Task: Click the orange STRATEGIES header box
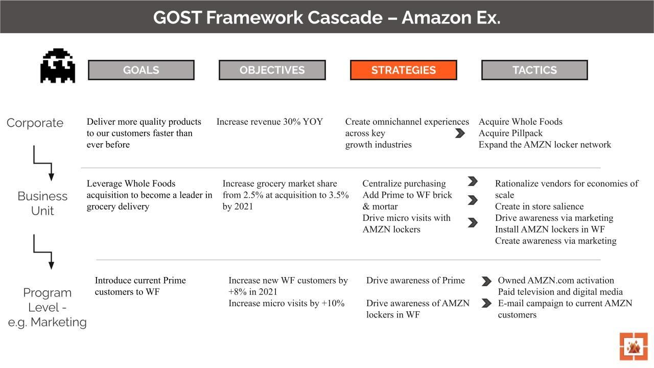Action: pos(403,70)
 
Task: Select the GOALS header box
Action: pos(141,70)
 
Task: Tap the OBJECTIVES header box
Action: pos(272,70)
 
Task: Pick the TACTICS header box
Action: pos(534,70)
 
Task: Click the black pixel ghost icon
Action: pos(58,66)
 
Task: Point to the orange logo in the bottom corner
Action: pos(634,347)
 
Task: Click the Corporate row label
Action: pos(35,123)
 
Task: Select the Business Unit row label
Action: pos(42,203)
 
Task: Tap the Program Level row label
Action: pos(47,307)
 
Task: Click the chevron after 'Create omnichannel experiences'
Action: pos(460,133)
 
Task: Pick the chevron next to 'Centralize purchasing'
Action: pos(473,181)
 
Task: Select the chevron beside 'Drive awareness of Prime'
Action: pos(486,281)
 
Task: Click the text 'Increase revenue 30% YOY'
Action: pos(270,122)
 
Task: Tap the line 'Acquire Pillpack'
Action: pos(510,133)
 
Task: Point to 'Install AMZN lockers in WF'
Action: pos(550,229)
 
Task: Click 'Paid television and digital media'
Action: pos(560,292)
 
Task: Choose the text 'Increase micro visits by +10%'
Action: pos(286,303)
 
